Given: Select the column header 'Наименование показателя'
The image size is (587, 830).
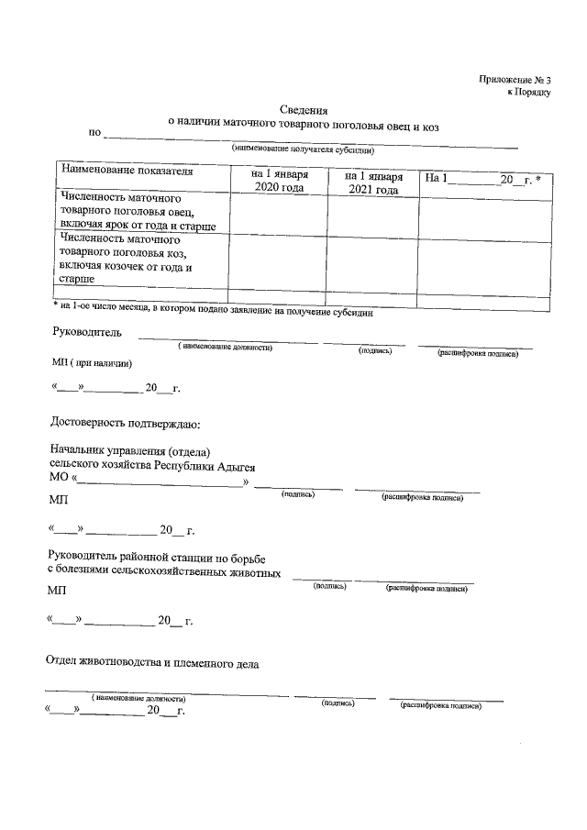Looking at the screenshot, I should [x=127, y=172].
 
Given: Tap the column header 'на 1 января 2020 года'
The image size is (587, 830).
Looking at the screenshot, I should [x=277, y=181].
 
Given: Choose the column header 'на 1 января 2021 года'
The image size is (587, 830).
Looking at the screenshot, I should [x=374, y=183].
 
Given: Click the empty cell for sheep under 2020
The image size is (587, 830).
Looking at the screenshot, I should [x=277, y=212].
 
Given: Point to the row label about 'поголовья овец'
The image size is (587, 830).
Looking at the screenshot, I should [x=138, y=212].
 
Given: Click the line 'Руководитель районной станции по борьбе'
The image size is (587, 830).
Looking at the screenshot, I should [x=156, y=557].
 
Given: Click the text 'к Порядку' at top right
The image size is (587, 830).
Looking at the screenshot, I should [x=528, y=93].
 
